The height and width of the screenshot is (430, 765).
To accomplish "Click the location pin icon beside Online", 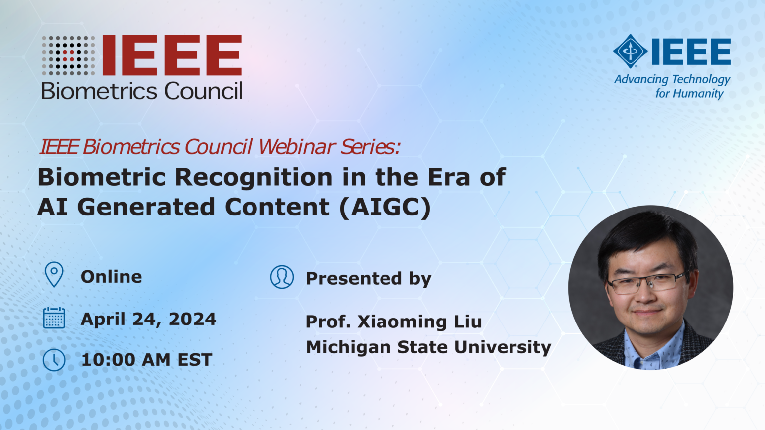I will pyautogui.click(x=54, y=274).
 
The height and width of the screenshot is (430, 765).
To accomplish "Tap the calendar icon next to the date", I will pyautogui.click(x=54, y=318).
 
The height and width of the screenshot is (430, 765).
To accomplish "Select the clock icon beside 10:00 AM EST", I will pyautogui.click(x=54, y=360).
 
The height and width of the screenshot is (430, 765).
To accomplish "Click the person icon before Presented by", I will pyautogui.click(x=282, y=277).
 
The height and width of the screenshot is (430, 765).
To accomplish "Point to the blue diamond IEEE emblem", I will pyautogui.click(x=630, y=51).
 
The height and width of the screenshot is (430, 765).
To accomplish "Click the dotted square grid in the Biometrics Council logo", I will pyautogui.click(x=68, y=55).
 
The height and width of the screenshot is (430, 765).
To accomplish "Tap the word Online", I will pyautogui.click(x=112, y=277).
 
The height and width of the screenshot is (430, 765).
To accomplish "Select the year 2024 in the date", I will pyautogui.click(x=193, y=319).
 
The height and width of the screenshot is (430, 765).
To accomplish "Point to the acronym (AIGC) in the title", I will pyautogui.click(x=385, y=207).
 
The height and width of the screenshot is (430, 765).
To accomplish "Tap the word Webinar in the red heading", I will pyautogui.click(x=297, y=147).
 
